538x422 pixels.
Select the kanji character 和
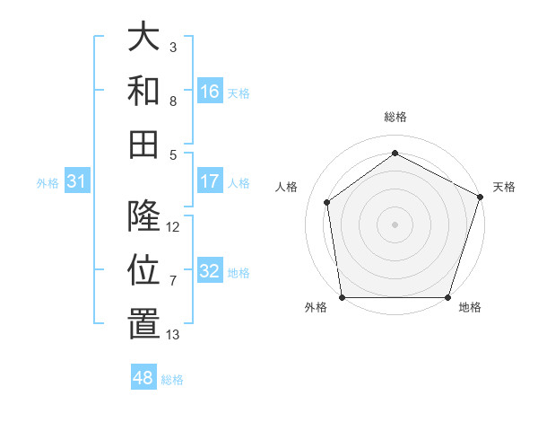(x=143, y=90)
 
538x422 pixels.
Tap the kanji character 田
(x=143, y=143)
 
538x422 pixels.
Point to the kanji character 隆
(x=143, y=216)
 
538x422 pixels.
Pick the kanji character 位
(x=143, y=270)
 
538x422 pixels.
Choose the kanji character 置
(x=143, y=324)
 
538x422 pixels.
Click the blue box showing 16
(x=210, y=91)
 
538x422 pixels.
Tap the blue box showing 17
(x=210, y=180)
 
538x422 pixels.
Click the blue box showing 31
(x=76, y=181)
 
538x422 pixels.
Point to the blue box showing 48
(x=143, y=378)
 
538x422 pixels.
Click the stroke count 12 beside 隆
(x=174, y=227)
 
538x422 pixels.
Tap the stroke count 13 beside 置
(x=173, y=335)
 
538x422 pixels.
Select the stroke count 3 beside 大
(x=173, y=47)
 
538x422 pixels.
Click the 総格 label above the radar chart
(x=395, y=117)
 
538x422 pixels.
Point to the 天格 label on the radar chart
(x=505, y=187)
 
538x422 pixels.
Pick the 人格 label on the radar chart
(x=287, y=187)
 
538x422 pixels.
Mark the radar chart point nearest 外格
(x=342, y=297)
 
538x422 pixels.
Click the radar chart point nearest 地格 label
(x=448, y=297)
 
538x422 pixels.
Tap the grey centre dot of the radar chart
(x=395, y=224)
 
